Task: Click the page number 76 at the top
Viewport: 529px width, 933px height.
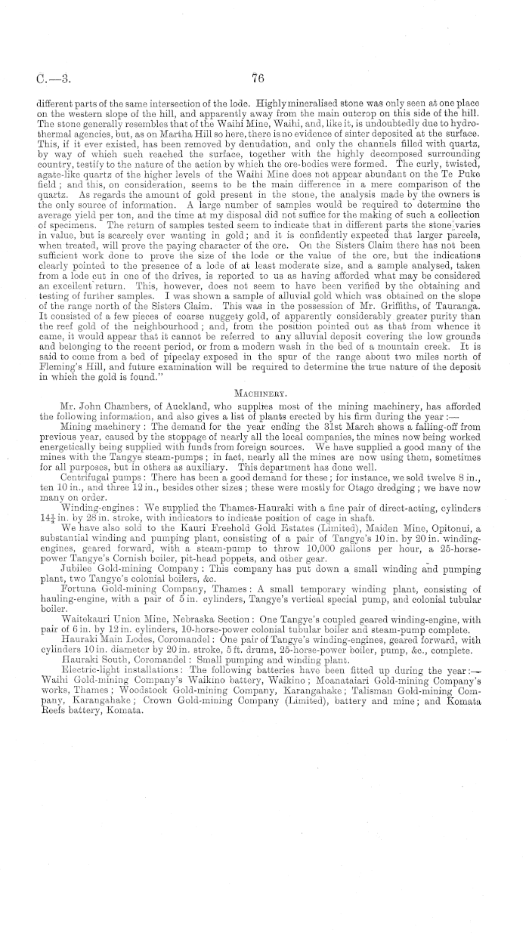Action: pyautogui.click(x=258, y=75)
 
